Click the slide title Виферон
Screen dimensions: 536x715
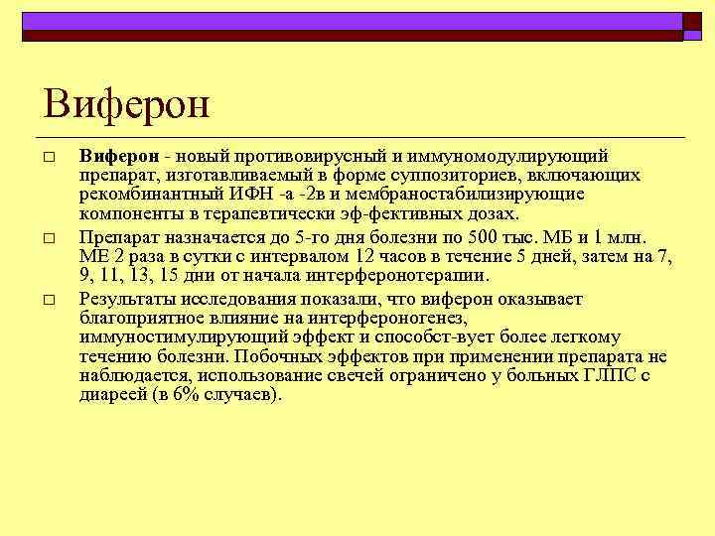click(127, 102)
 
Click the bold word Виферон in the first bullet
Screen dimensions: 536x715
click(118, 157)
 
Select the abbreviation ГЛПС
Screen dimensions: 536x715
click(609, 374)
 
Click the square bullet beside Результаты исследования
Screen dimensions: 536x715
click(47, 300)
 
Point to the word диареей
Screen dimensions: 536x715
click(111, 393)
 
